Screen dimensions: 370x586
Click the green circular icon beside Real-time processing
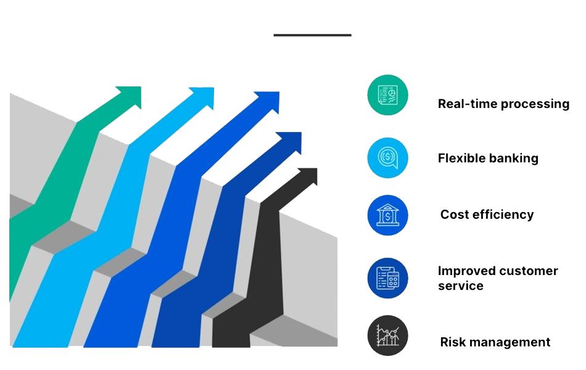coord(388,95)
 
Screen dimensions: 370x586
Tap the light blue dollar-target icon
coord(388,158)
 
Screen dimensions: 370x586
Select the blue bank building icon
coord(388,215)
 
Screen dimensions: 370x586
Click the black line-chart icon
coord(388,335)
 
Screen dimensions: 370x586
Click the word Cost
coord(453,215)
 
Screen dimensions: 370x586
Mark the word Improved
coord(468,271)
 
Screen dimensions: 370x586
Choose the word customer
coord(529,271)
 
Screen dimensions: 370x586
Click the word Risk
coord(453,342)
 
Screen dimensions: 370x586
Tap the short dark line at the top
coord(312,35)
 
